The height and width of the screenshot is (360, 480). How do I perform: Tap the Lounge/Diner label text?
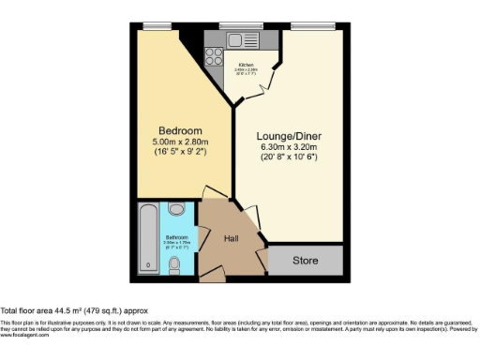pos(289,134)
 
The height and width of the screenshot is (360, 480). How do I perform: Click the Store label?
pos(305,260)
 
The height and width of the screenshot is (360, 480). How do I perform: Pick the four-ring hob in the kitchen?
pos(214,54)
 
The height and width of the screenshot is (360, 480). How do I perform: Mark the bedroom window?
pos(157,25)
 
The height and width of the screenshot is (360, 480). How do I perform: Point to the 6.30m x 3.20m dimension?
pos(289,146)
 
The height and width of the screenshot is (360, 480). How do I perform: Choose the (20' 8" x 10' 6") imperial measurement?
pos(289,157)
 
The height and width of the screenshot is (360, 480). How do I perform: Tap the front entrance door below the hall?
pos(213,278)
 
